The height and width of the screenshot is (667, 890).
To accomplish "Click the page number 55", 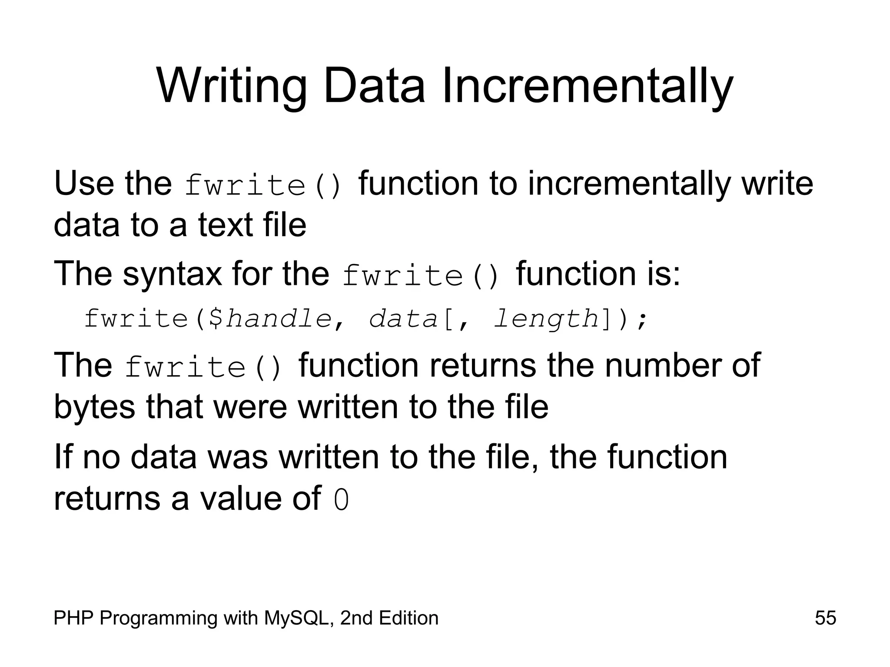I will click(825, 618).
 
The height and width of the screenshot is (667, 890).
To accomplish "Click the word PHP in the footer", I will click(73, 618).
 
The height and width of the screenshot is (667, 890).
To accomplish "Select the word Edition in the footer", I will click(408, 618).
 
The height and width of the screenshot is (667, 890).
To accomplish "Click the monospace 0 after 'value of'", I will click(341, 500).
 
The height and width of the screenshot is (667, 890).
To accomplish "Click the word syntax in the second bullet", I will click(172, 274).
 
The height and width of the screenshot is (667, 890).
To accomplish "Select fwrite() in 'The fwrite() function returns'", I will click(203, 367).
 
